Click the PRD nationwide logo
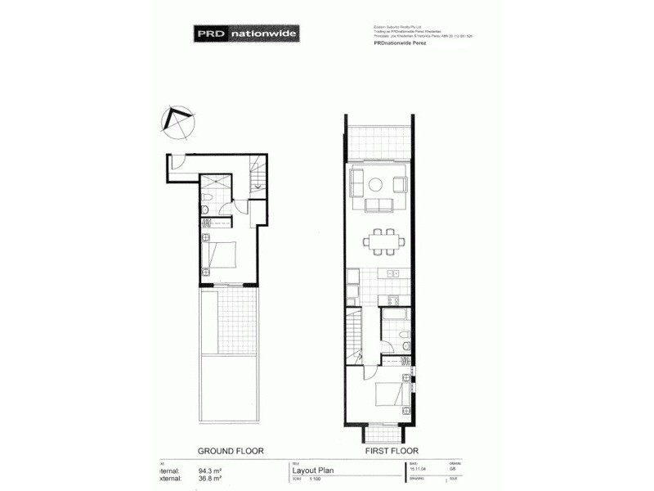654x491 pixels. [246, 34]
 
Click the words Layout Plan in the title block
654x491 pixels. [312, 471]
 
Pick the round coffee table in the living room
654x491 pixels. [379, 184]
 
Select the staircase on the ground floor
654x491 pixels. [258, 175]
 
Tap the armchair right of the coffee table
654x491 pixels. [400, 183]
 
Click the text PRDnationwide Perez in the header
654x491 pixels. [390, 44]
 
